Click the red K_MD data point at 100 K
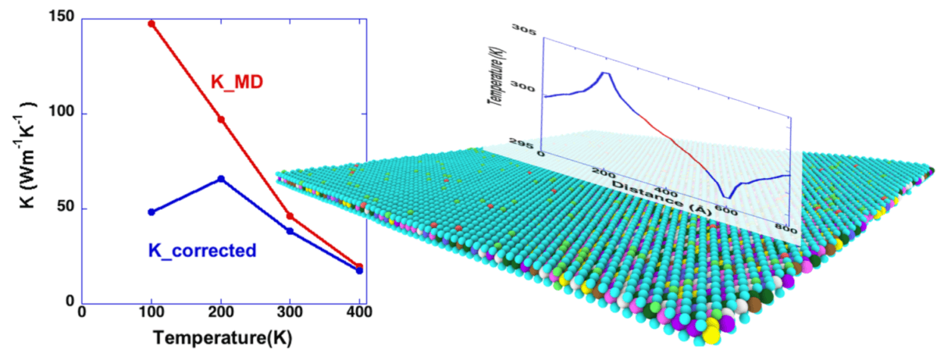click(151, 23)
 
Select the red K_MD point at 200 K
click(221, 119)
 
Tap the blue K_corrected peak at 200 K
click(221, 179)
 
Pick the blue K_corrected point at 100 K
click(151, 212)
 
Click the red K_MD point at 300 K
click(290, 216)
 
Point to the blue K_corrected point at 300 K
click(290, 231)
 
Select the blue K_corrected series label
click(201, 251)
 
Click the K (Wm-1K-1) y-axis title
click(23, 159)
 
